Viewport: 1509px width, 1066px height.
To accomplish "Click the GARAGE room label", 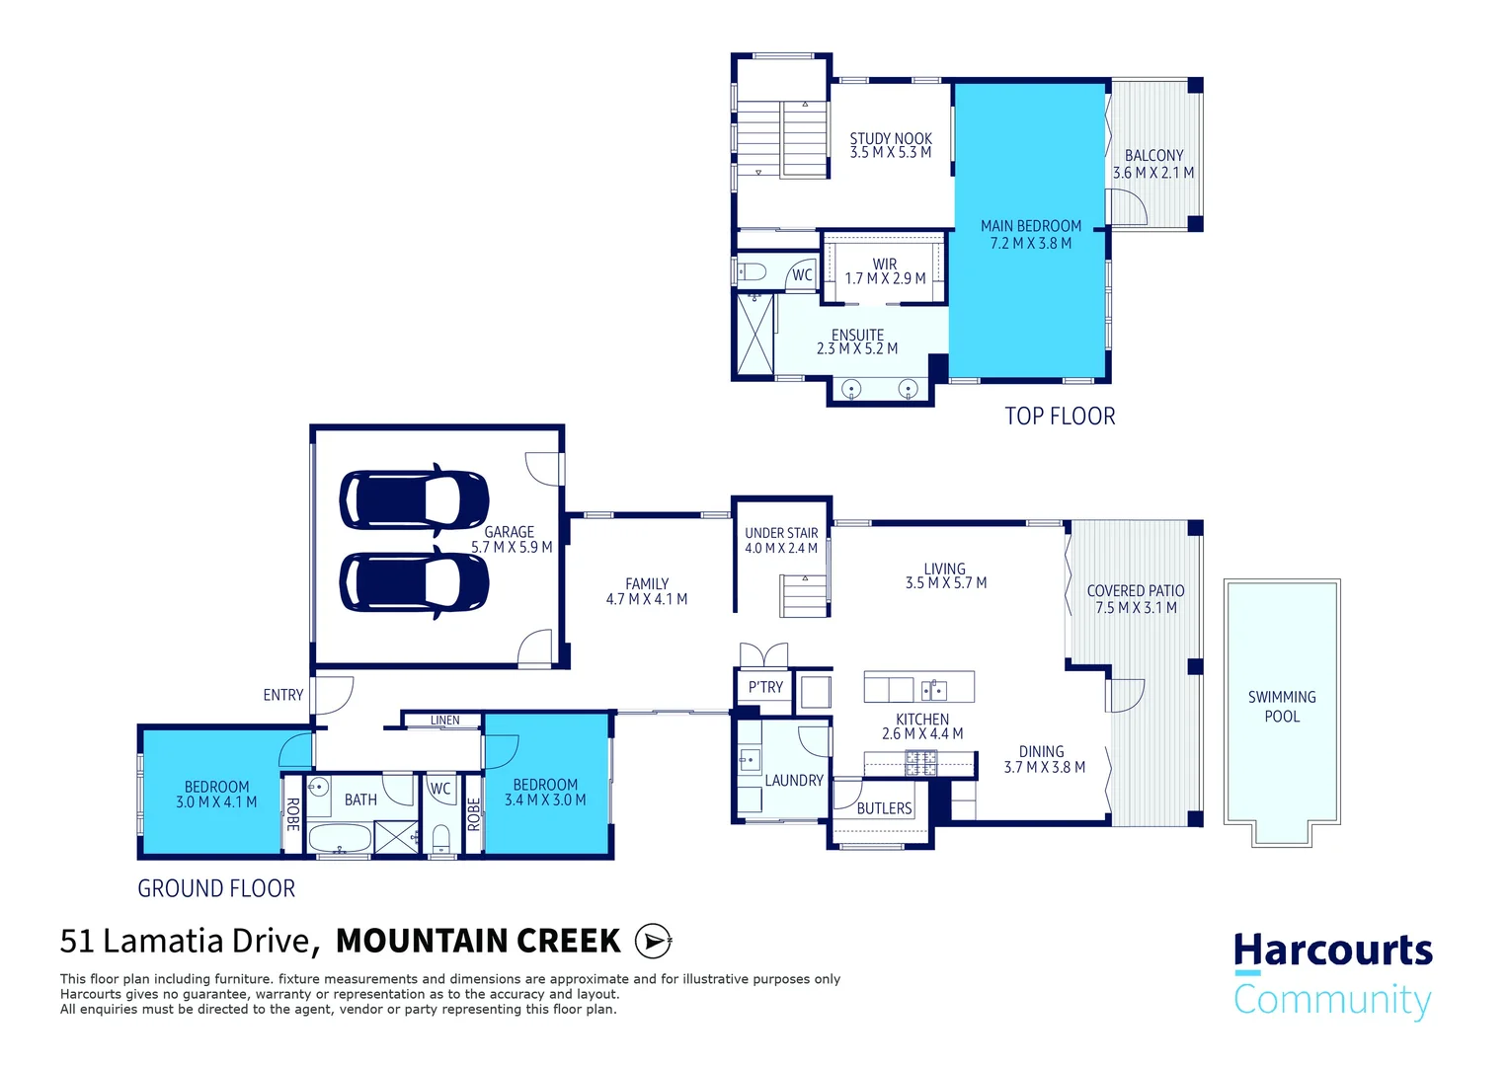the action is pyautogui.click(x=510, y=532).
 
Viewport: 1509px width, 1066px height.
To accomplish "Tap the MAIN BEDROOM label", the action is pyautogui.click(x=1031, y=226).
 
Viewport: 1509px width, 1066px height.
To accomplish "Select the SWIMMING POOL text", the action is pyautogui.click(x=1282, y=707).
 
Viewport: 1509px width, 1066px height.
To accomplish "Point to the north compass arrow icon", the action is pyautogui.click(x=653, y=941).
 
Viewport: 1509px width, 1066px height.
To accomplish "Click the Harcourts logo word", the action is pyautogui.click(x=1333, y=951).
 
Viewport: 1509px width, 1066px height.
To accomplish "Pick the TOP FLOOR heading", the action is pyautogui.click(x=1060, y=417).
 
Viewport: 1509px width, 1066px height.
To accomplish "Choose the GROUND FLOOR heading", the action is pyautogui.click(x=216, y=889).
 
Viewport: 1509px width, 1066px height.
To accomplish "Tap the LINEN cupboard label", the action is pyautogui.click(x=444, y=720).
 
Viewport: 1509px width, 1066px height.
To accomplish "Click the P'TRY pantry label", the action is pyautogui.click(x=765, y=687).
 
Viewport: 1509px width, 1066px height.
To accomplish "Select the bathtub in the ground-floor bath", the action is pyautogui.click(x=340, y=839).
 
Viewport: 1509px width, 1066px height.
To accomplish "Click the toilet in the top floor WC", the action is pyautogui.click(x=752, y=272).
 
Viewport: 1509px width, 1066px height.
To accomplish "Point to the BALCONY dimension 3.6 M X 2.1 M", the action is pyautogui.click(x=1153, y=173).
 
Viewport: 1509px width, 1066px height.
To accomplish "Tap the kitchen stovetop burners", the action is pyautogui.click(x=920, y=764).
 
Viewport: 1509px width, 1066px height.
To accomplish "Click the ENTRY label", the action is pyautogui.click(x=282, y=695).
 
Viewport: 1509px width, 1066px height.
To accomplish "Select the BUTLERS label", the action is pyautogui.click(x=884, y=808).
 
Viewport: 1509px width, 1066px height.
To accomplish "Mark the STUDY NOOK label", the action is pyautogui.click(x=891, y=138).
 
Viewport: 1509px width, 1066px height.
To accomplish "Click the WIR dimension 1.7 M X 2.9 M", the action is pyautogui.click(x=885, y=278).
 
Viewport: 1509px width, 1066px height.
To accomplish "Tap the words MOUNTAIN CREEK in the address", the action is pyautogui.click(x=478, y=941).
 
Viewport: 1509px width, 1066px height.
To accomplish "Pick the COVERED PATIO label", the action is pyautogui.click(x=1136, y=590).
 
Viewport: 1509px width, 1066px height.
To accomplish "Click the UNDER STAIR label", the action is pyautogui.click(x=781, y=533).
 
